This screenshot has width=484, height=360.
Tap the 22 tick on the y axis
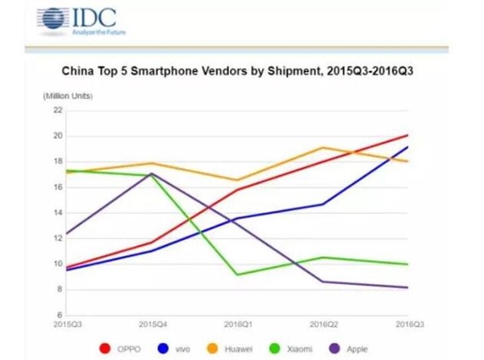(58, 111)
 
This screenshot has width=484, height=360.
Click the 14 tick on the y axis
(58, 213)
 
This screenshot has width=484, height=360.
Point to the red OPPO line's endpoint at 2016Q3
(407, 135)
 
